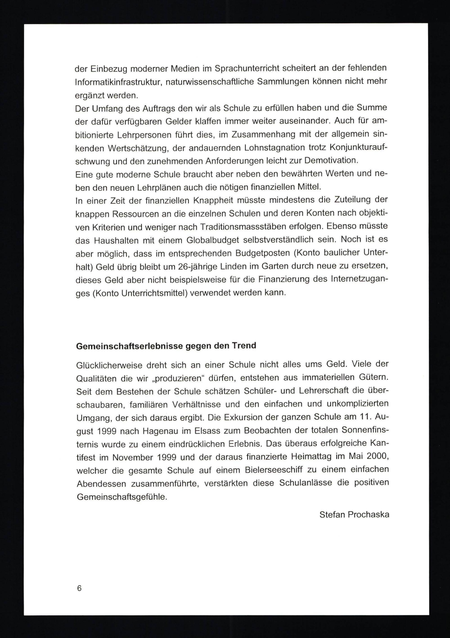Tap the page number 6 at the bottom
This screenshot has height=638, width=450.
coord(79,588)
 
